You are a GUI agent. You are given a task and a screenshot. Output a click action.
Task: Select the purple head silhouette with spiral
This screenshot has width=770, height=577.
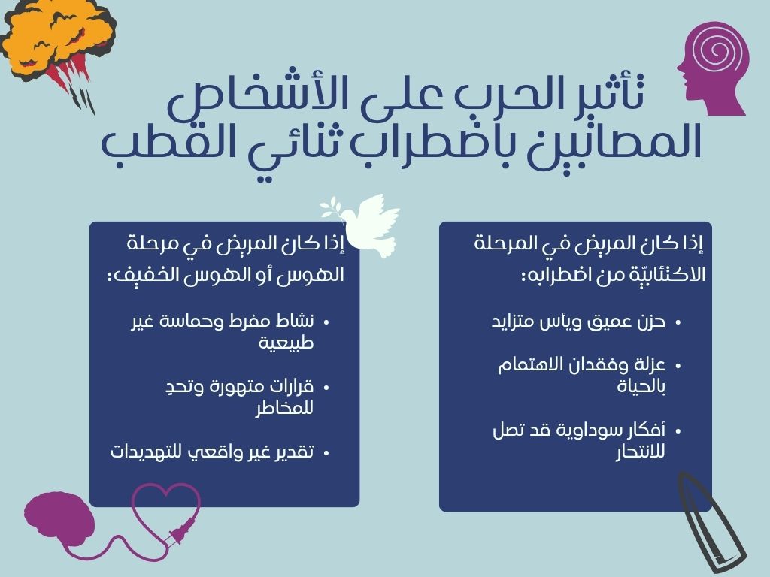(x=714, y=68)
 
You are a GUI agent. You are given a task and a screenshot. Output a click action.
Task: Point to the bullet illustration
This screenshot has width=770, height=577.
(x=707, y=523)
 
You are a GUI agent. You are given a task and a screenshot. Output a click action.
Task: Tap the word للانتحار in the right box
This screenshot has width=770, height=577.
(x=641, y=452)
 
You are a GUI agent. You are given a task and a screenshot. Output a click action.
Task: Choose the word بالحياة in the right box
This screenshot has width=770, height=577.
(x=641, y=386)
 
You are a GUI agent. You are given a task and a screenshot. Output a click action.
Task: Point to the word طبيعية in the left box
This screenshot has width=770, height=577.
(x=286, y=343)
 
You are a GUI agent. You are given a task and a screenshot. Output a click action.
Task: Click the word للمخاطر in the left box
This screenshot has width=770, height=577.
(x=284, y=408)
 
